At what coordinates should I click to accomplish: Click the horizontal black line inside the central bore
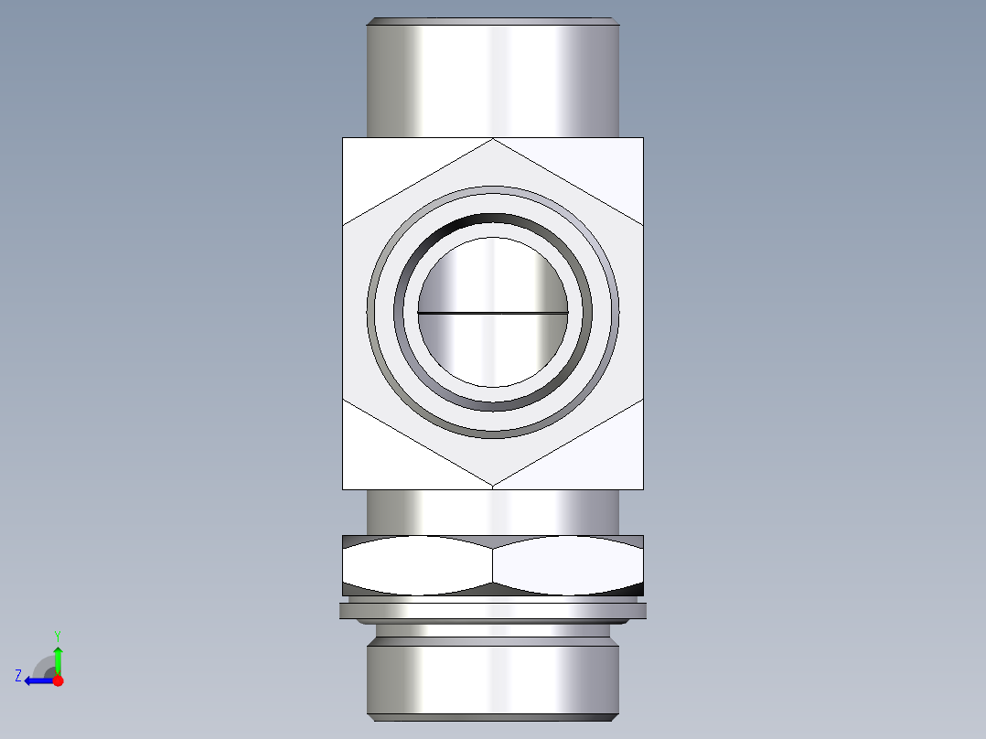[493, 313]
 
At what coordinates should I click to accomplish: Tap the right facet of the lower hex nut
[568, 565]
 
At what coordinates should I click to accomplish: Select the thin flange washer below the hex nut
[493, 611]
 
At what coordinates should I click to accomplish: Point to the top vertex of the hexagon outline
[493, 139]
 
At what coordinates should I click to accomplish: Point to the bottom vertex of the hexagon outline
[493, 486]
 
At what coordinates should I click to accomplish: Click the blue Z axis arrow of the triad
[37, 680]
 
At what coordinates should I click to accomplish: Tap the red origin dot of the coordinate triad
[58, 680]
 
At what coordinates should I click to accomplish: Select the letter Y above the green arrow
[58, 635]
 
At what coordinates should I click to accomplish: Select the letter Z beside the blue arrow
[18, 676]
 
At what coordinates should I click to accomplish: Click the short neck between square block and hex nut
[493, 512]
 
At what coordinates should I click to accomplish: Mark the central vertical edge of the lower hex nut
[493, 565]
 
